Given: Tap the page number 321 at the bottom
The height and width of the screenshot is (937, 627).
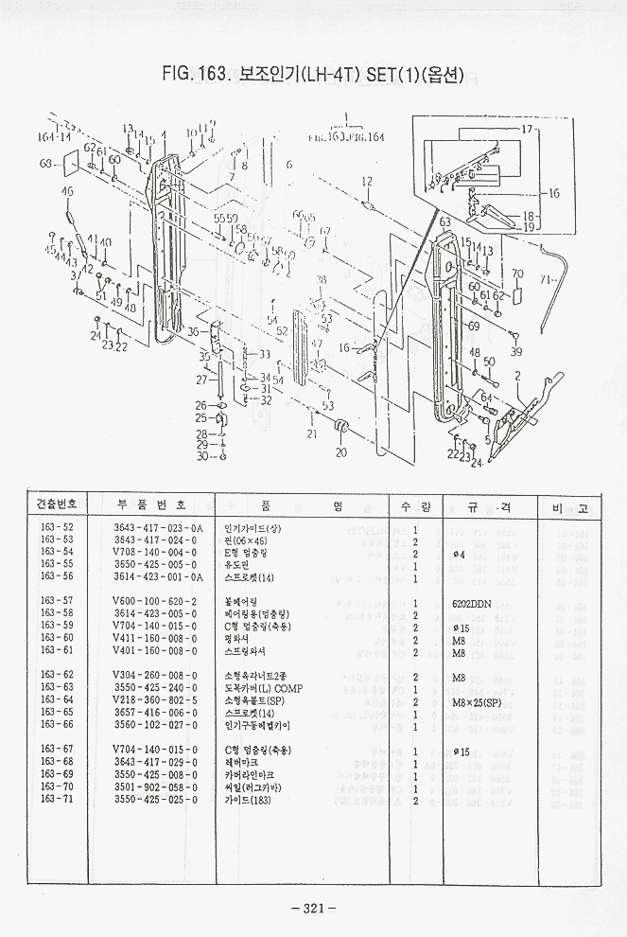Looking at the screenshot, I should (314, 909).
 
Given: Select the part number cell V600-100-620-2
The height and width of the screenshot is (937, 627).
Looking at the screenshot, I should (154, 602).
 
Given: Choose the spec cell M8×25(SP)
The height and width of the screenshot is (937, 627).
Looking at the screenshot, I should (476, 700).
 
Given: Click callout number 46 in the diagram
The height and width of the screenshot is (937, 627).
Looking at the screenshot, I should (67, 192).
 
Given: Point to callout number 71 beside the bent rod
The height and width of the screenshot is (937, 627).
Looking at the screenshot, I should (546, 280).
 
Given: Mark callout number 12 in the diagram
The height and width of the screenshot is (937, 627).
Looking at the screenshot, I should (367, 181).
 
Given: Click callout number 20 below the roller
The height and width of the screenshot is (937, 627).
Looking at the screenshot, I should (341, 451).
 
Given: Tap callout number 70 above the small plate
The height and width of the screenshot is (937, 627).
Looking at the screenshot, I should (516, 274).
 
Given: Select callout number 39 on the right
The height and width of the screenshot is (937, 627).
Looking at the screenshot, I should (515, 352).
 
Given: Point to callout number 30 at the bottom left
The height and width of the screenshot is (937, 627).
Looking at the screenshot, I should (200, 456).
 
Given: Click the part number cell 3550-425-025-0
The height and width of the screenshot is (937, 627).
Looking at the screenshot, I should (154, 799).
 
